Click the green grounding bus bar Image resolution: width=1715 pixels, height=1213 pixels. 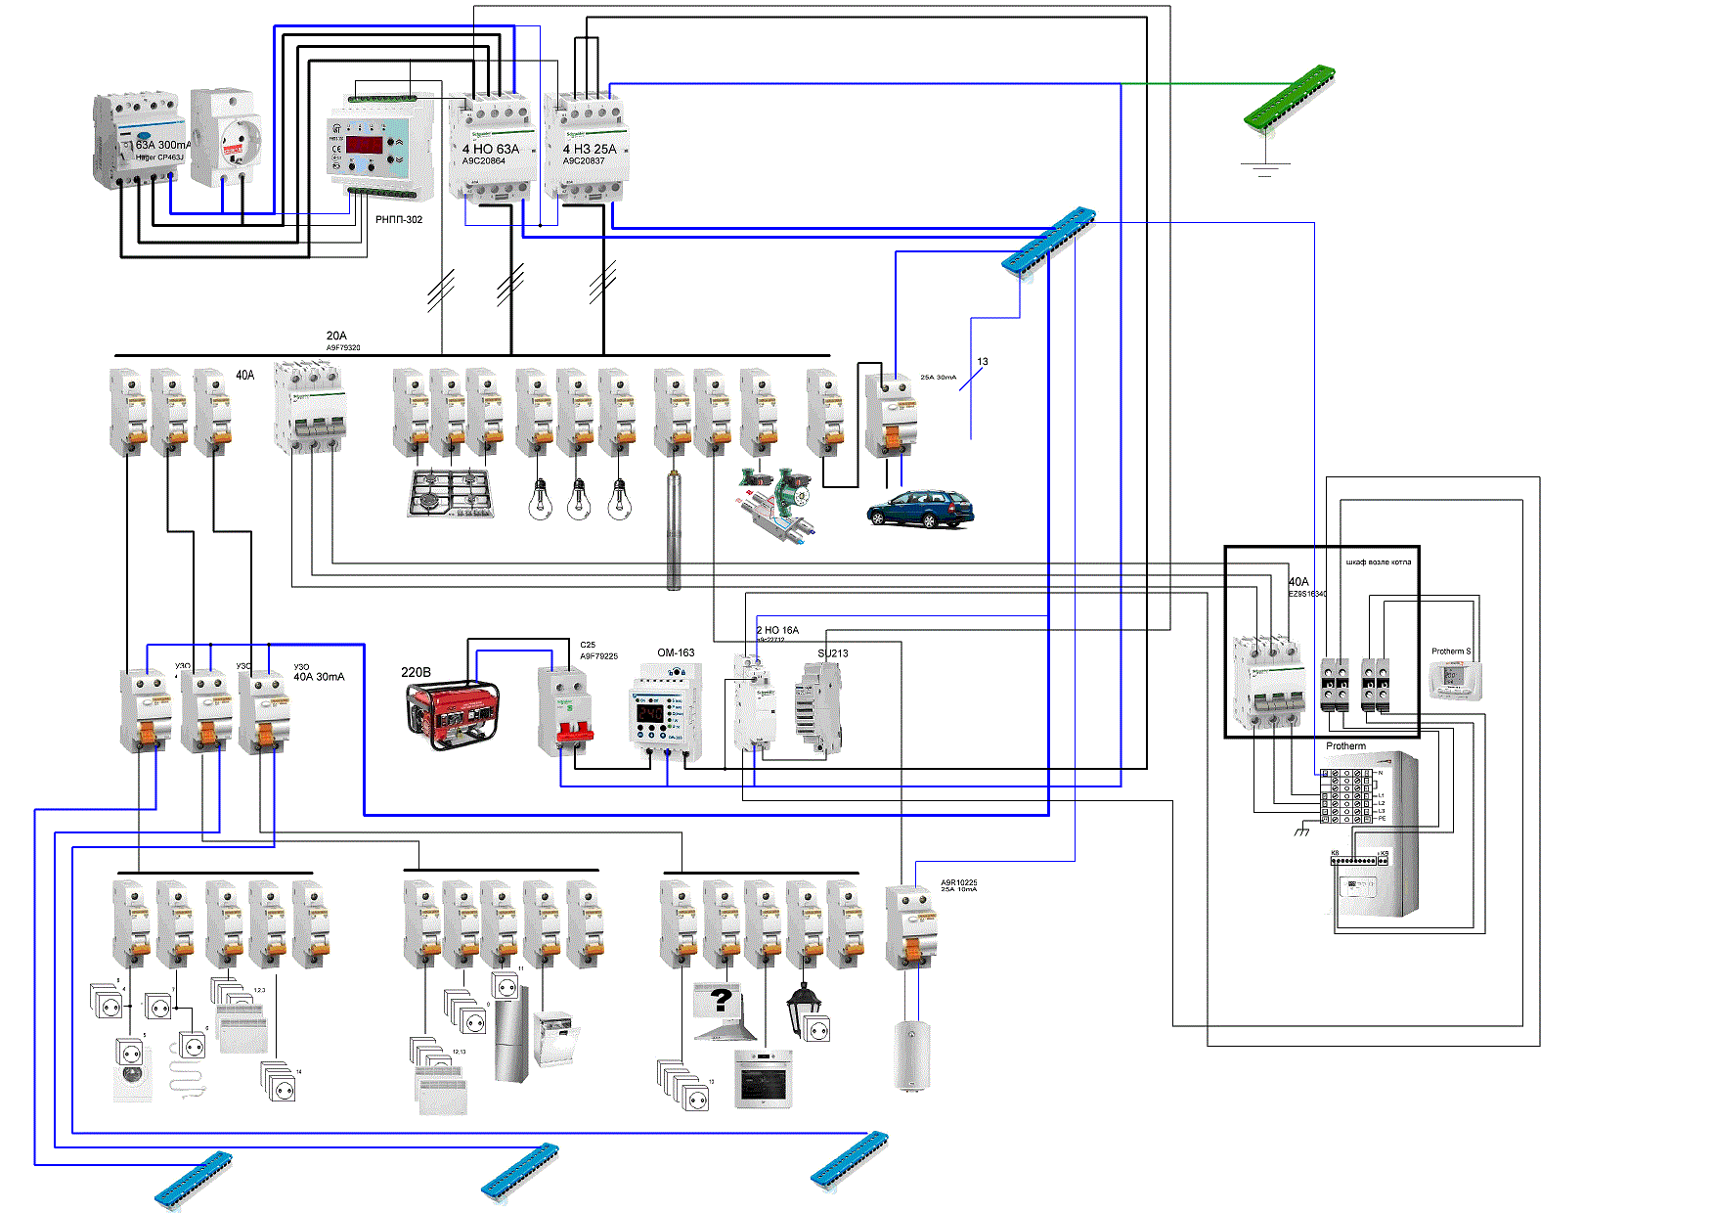1289,96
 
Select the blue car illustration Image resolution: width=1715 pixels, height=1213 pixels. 920,509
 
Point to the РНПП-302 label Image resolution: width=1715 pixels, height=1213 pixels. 399,220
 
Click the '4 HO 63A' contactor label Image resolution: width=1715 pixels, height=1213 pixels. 490,149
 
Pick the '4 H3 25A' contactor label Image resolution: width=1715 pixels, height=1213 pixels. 590,149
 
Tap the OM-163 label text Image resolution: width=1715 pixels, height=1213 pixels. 676,652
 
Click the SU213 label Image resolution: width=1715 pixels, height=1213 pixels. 832,653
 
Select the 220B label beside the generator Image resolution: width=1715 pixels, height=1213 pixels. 416,672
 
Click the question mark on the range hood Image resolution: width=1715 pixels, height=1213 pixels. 722,1000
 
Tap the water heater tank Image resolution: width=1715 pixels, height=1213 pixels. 911,1056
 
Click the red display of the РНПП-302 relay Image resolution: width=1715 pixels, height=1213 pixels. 364,144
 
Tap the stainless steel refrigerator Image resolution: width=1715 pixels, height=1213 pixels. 511,1034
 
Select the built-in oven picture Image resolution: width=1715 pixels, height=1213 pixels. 763,1079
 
